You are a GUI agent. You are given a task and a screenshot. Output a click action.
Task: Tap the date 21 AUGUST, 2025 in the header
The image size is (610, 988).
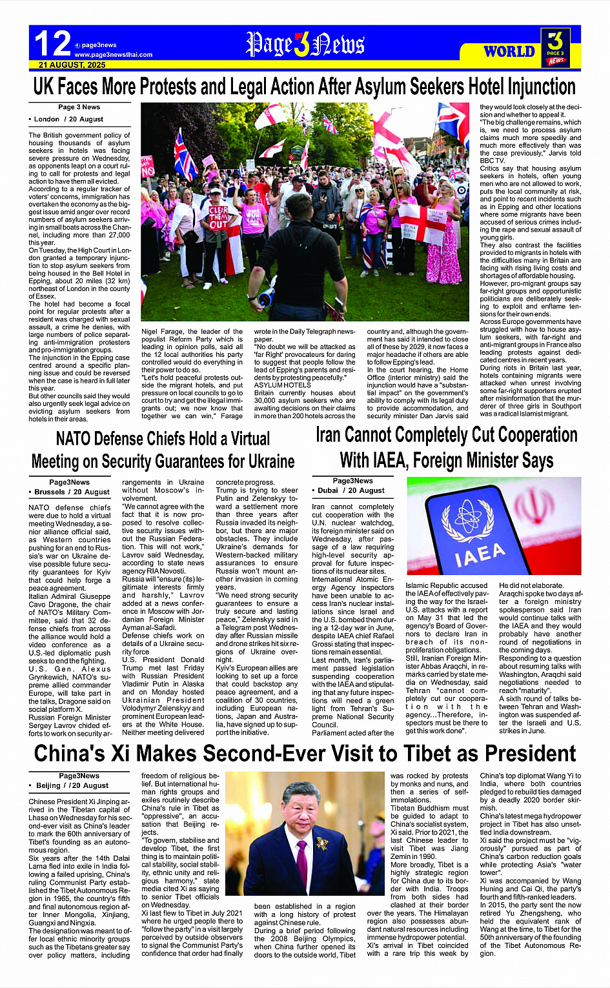click(x=72, y=65)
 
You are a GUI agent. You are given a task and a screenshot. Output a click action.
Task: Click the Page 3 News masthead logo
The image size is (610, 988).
click(x=305, y=45)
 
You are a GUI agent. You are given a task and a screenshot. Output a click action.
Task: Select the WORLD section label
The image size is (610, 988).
click(x=509, y=52)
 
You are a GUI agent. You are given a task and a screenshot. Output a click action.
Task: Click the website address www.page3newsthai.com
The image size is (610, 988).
click(x=113, y=55)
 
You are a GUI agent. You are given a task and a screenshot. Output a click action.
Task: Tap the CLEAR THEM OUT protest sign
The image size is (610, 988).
click(x=218, y=217)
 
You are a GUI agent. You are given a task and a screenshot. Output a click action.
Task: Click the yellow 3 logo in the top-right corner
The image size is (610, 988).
click(x=556, y=39)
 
